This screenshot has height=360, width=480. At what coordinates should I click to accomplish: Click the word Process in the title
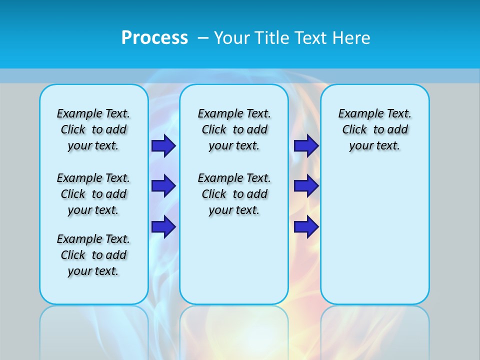pos(154,37)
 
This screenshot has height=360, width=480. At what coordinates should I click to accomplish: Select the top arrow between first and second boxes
pos(163,145)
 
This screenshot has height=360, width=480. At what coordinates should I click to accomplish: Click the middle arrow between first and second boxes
pos(163,186)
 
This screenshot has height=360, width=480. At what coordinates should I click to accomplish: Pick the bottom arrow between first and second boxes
pos(163,227)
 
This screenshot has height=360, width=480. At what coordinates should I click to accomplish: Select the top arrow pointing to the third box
pos(306,145)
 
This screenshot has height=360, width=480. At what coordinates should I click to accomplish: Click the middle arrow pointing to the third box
pos(306,186)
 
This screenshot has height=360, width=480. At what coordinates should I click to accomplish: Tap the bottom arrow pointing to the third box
pos(306,227)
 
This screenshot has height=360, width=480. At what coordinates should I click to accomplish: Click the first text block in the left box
pos(93,129)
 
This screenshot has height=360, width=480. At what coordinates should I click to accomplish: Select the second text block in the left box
pos(93,194)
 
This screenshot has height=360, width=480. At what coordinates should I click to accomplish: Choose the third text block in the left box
pos(93,255)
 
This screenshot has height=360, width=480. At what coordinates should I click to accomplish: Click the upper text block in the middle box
pos(234,129)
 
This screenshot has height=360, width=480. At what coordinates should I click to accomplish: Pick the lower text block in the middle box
pos(234,194)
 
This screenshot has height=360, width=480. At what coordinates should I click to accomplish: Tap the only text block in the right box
pos(374,129)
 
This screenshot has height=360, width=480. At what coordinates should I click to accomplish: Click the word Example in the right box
pos(357,114)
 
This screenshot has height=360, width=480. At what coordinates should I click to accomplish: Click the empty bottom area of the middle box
pos(234,265)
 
